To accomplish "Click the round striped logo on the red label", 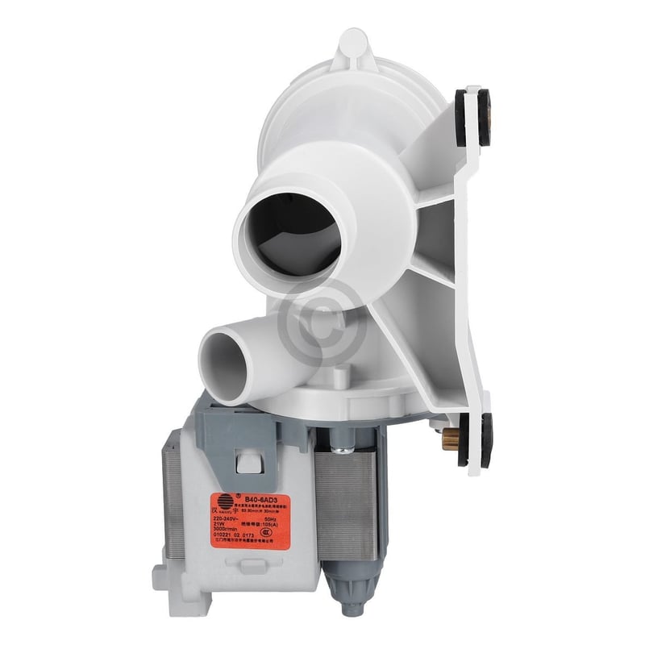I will (222, 500).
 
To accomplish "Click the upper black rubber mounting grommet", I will (472, 117).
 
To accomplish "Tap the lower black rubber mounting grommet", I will (474, 440).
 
